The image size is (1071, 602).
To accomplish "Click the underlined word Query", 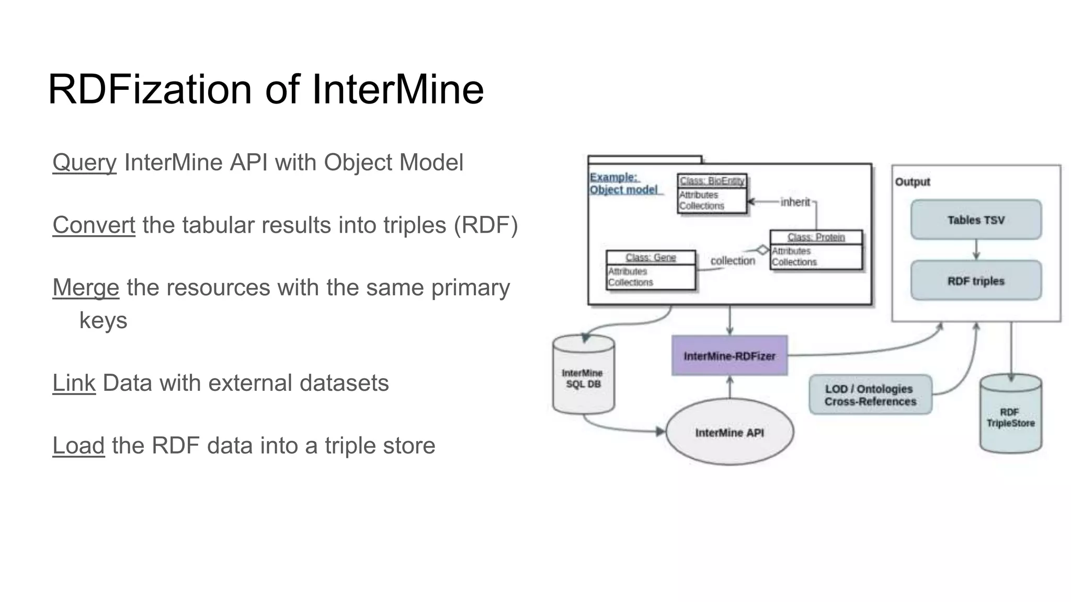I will coord(84,163).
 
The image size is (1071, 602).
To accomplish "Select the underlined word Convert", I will coord(94,225).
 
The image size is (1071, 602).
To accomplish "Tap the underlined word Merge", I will coord(86,287).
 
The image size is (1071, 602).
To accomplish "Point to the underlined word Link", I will coord(74,383).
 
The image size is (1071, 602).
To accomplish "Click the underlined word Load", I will coord(78,446).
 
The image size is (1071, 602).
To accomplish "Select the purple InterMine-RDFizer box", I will coord(730,356).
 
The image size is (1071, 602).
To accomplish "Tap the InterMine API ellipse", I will coord(730,432).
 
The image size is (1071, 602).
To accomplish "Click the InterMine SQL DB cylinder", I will coord(583,376).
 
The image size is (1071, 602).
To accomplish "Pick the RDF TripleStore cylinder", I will coord(1010,415).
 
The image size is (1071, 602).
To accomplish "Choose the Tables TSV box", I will coord(976,220).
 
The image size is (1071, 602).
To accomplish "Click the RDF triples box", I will coord(976,281).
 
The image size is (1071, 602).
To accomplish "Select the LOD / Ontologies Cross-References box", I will coord(870,395).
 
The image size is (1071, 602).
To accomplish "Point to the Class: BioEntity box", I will coord(712,193).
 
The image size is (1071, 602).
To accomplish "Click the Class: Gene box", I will coord(651,270).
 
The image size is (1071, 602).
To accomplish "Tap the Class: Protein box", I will coord(816,250).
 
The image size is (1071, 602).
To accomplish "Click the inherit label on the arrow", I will coord(795,202).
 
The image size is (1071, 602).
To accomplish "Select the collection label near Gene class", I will coord(733,261).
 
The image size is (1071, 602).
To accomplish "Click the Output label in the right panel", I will coord(912,182).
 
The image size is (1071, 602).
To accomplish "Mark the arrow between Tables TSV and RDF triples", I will coord(976,250).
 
